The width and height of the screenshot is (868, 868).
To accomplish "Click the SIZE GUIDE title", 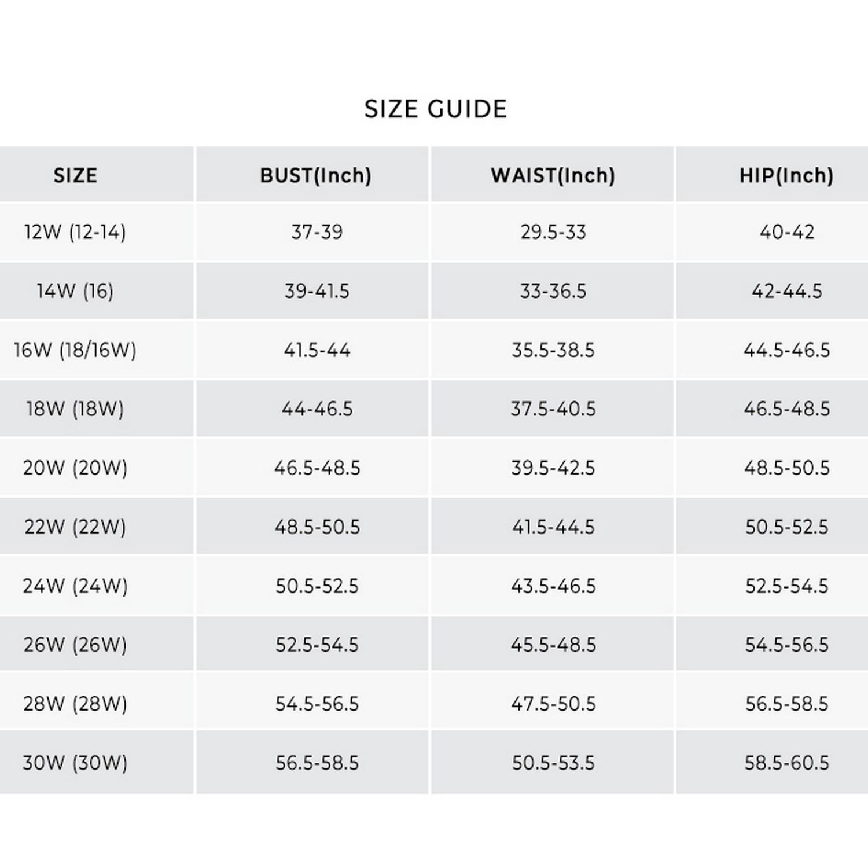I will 435,109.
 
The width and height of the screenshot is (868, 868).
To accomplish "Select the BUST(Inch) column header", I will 315,175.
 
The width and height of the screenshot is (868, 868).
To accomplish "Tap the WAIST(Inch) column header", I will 553,175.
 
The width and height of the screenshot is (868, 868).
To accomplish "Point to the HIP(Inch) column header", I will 786,175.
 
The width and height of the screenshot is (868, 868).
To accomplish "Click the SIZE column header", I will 75,175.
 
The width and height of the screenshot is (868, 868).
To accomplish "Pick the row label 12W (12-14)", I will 75,232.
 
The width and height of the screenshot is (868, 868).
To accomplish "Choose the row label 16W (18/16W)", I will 75,350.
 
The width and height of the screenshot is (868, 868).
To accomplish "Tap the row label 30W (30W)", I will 75,763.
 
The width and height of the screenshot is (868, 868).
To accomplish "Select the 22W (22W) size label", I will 75,527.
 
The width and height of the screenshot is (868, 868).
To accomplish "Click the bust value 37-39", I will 317,232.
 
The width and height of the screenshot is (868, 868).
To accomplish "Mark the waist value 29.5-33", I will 553,232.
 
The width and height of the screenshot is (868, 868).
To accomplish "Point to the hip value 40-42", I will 786,232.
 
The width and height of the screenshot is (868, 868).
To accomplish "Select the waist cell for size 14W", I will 553,291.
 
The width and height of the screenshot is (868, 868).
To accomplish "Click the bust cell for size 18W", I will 317,409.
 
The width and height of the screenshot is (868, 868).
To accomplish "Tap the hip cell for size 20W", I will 786,468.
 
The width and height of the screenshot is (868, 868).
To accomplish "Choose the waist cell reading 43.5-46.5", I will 553,586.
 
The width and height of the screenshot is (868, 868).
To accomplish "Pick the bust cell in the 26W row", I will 317,645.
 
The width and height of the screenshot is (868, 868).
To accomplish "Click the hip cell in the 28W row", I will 786,704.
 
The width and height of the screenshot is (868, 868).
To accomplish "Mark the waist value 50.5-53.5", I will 553,763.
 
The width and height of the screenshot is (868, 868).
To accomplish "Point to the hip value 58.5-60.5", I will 786,763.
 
